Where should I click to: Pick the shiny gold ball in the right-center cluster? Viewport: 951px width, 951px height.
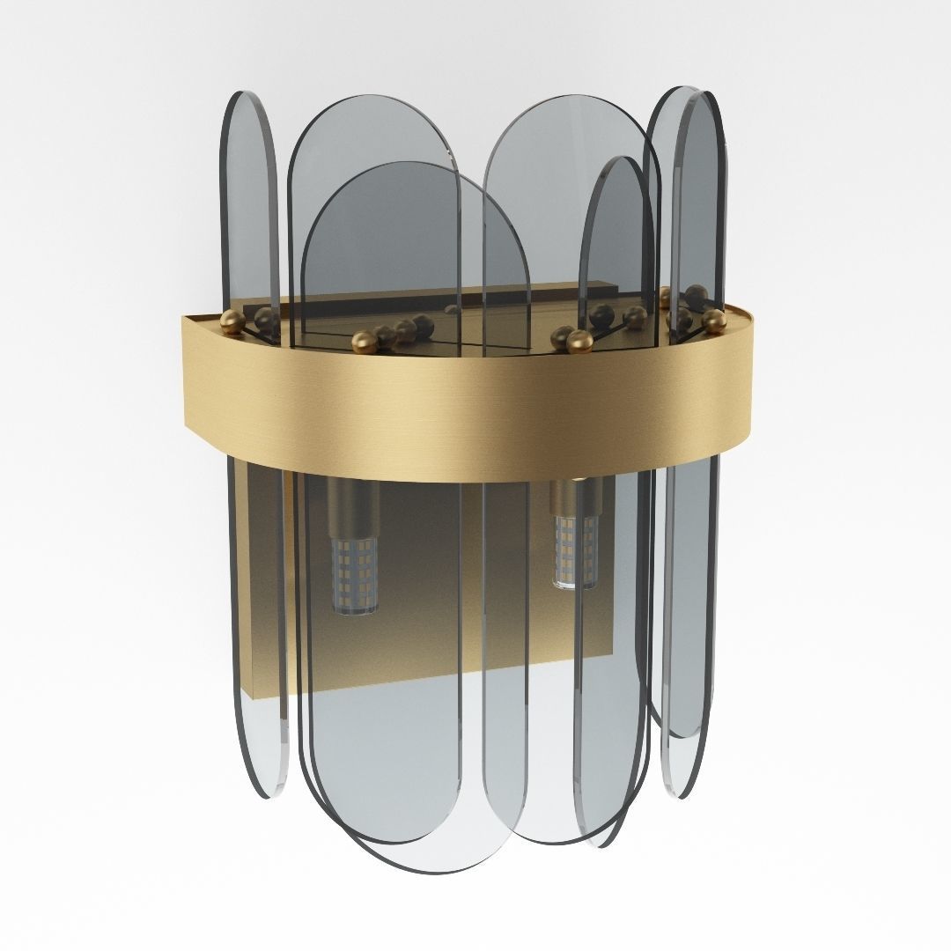click(579, 341)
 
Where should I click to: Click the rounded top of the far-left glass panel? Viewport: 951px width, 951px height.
click(247, 101)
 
